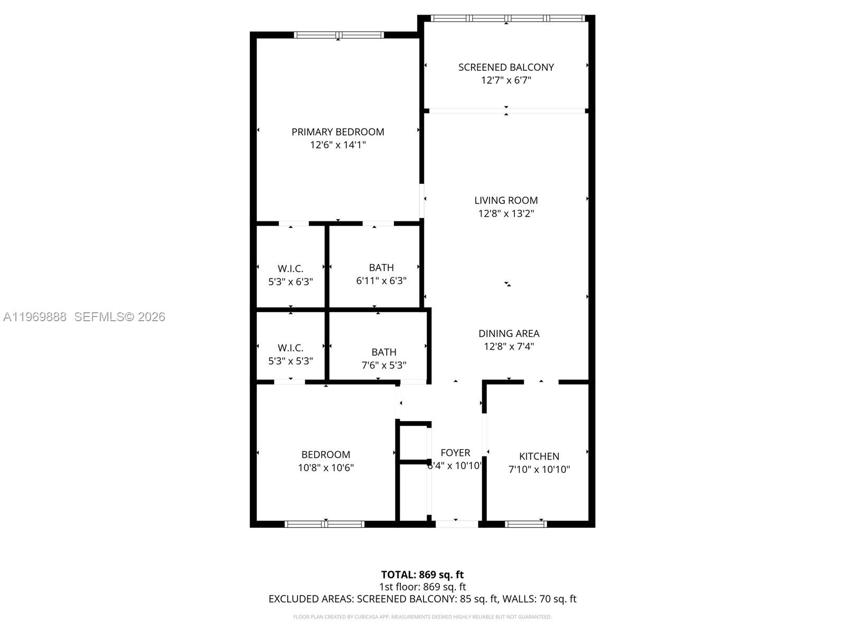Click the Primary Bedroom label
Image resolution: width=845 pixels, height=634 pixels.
337,132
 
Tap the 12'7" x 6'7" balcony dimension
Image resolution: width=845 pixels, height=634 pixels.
505,80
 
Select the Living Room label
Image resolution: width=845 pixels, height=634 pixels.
505,200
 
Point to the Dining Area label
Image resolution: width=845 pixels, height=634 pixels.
509,333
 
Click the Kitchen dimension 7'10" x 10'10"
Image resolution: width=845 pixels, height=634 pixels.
539,469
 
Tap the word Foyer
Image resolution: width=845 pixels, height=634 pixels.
455,453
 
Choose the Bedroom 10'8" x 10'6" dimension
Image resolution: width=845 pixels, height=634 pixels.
325,468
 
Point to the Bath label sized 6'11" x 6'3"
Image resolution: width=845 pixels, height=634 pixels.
381,267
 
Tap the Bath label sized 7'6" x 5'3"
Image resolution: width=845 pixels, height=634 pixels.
383,352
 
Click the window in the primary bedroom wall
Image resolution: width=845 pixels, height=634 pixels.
338,35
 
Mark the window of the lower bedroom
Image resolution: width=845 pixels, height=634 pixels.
324,524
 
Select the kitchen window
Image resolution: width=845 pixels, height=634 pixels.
525,524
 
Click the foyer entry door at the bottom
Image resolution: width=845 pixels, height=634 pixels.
456,524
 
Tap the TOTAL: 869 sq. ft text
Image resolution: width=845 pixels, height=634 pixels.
422,574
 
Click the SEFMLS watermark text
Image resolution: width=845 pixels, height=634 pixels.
119,316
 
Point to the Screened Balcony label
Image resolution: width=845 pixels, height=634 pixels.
505,67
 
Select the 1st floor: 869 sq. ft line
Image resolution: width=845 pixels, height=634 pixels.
422,586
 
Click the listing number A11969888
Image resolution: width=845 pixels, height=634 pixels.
35,316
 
